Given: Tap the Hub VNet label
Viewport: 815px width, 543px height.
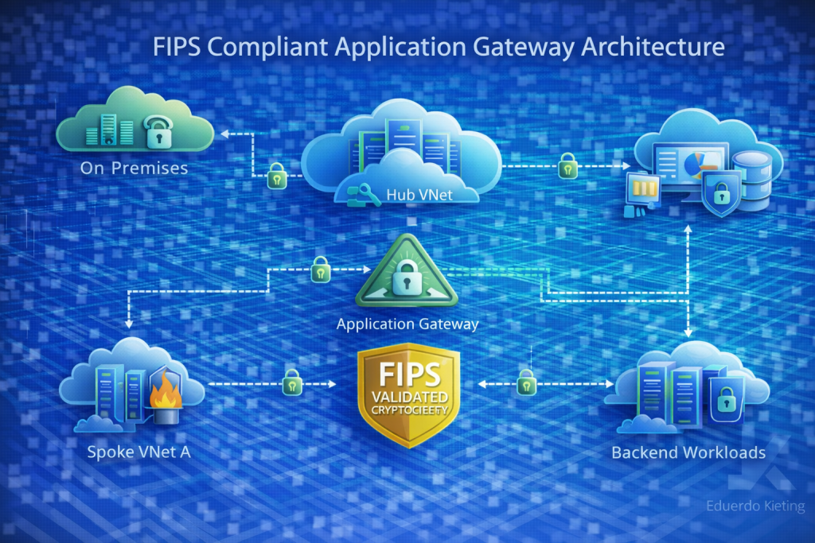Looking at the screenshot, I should [416, 194].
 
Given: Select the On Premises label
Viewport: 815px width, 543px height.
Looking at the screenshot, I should [134, 168].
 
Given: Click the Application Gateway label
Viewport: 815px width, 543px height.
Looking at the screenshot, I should [407, 324].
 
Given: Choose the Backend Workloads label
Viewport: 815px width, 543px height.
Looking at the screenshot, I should [688, 452].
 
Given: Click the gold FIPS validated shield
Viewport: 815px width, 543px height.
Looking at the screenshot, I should [408, 394].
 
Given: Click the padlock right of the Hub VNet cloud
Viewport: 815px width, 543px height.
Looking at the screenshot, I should [567, 166].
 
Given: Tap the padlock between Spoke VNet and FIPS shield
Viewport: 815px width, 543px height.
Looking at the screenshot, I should [292, 382].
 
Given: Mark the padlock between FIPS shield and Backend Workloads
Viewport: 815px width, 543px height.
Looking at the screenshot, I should [525, 382].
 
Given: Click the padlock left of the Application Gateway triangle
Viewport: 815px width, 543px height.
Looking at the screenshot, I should [320, 269].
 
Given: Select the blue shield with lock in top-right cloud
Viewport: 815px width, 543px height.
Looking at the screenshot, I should [719, 194].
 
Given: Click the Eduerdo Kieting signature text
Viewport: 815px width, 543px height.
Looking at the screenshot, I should [755, 506].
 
